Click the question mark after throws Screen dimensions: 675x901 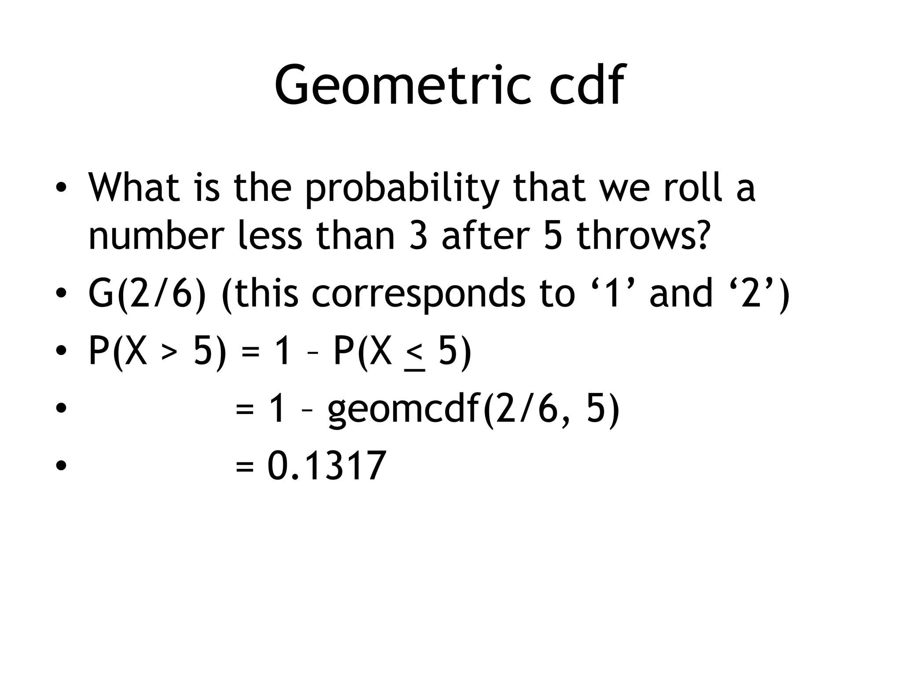(x=700, y=236)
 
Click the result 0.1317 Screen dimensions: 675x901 (x=327, y=466)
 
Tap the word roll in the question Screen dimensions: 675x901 (x=692, y=188)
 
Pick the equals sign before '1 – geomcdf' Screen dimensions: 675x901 (x=245, y=410)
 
